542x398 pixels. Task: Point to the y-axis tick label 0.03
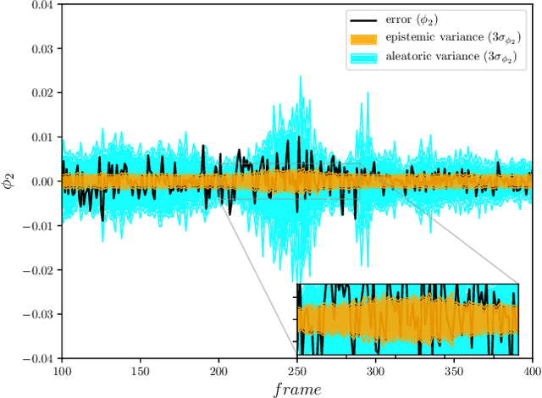[40, 48]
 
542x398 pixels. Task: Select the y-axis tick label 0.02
[40, 92]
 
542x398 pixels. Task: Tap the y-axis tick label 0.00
[40, 181]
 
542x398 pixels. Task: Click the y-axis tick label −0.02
[36, 270]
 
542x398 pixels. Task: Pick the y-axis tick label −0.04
[36, 358]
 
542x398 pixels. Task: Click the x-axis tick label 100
[62, 372]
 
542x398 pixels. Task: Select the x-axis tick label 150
[141, 372]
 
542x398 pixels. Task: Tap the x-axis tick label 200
[218, 372]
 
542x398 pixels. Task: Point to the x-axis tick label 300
[375, 372]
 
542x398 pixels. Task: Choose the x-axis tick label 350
[453, 372]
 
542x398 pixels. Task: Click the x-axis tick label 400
[531, 372]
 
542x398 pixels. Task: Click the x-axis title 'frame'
[296, 389]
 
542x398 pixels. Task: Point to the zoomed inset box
[406, 319]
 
